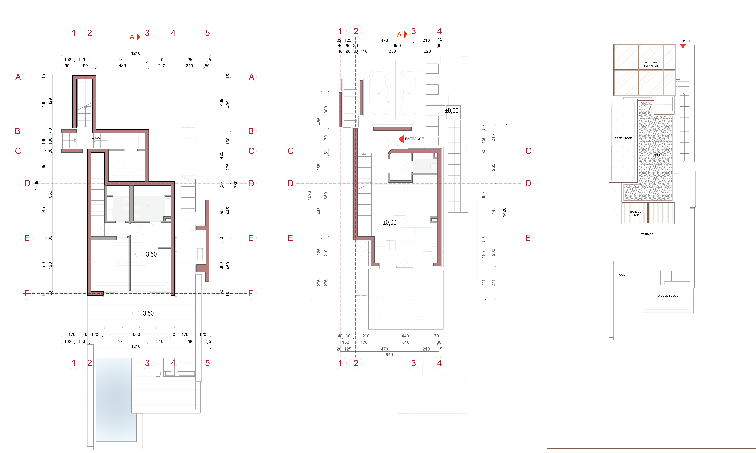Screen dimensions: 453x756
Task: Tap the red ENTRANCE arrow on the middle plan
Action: (x=401, y=139)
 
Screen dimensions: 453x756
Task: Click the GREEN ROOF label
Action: (x=623, y=138)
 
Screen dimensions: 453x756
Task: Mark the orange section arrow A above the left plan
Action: (x=138, y=37)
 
